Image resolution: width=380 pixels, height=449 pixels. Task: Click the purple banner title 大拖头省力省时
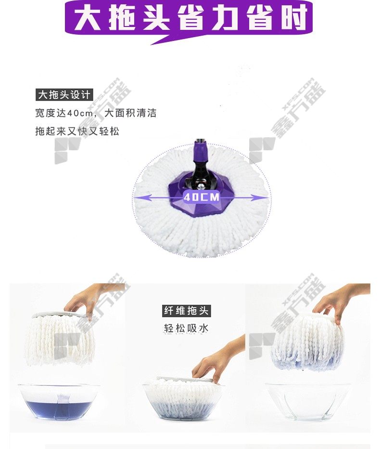pyautogui.click(x=190, y=18)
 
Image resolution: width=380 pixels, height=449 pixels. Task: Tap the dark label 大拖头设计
pyautogui.click(x=64, y=95)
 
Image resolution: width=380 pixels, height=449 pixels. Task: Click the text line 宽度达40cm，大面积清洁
pyautogui.click(x=96, y=113)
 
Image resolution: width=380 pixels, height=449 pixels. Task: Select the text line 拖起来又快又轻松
pyautogui.click(x=77, y=131)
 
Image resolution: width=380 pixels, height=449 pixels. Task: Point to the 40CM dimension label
pyautogui.click(x=202, y=197)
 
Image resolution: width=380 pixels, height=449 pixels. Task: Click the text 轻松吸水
pyautogui.click(x=186, y=328)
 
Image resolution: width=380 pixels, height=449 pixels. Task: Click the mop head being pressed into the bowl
pyautogui.click(x=183, y=396)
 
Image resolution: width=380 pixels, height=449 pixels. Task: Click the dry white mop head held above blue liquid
pyautogui.click(x=60, y=339)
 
